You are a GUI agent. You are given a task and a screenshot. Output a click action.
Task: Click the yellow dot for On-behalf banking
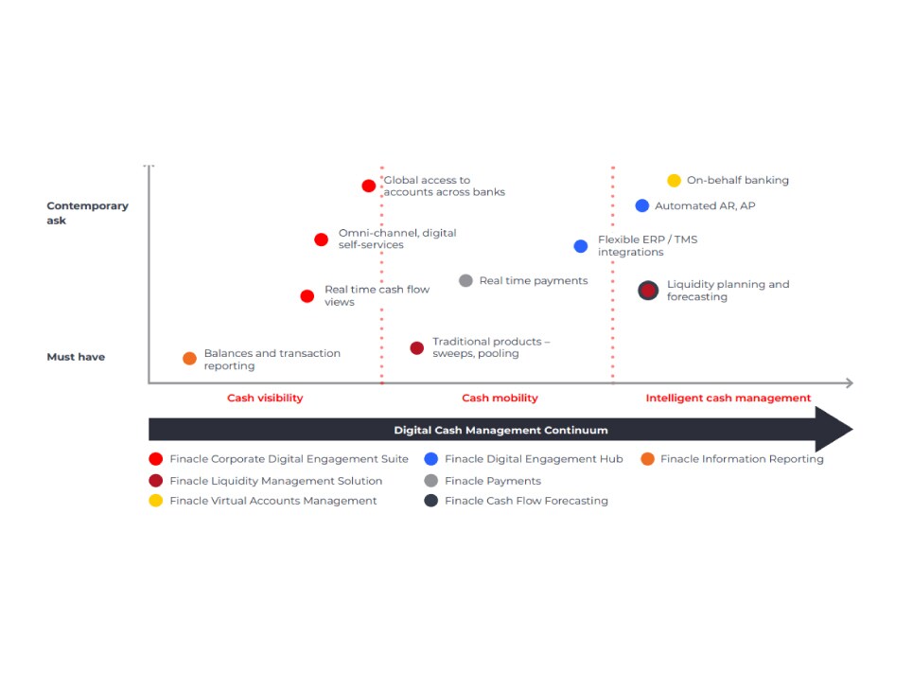coord(674,180)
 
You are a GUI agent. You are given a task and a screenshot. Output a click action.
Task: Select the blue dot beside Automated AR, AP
coord(641,205)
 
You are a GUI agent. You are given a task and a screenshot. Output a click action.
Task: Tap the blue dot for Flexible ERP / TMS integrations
coord(581,246)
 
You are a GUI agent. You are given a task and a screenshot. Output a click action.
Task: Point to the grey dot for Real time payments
coord(465,281)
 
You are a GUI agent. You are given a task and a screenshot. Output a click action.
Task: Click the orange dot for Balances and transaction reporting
coord(189,359)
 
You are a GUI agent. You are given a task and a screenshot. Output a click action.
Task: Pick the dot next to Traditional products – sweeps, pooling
coord(417,348)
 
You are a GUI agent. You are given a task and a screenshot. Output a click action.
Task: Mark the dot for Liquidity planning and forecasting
coord(648,291)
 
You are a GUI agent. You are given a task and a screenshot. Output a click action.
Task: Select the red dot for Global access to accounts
coord(369,186)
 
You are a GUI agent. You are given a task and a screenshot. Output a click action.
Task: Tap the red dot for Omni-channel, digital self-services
coord(321,239)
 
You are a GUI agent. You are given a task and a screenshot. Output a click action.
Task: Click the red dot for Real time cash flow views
coord(307,296)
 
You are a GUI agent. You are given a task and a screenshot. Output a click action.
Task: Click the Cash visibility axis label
coord(265,398)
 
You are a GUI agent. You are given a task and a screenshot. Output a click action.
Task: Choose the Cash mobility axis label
coord(500,398)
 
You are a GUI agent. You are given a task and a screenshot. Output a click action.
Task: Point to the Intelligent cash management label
coord(728,398)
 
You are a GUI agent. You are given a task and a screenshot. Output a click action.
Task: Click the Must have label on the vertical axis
coord(76,357)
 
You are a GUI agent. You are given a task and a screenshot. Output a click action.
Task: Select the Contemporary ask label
coord(87,213)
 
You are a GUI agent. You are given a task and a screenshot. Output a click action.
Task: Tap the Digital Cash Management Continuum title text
coord(500,430)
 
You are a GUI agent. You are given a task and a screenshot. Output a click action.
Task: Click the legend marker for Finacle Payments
coord(430,481)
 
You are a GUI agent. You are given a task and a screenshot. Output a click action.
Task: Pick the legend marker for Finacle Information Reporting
coord(647,458)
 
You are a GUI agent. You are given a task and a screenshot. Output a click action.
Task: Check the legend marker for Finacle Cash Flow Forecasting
coord(430,501)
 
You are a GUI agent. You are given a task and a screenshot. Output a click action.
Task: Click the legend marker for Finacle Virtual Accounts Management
coord(155,501)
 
